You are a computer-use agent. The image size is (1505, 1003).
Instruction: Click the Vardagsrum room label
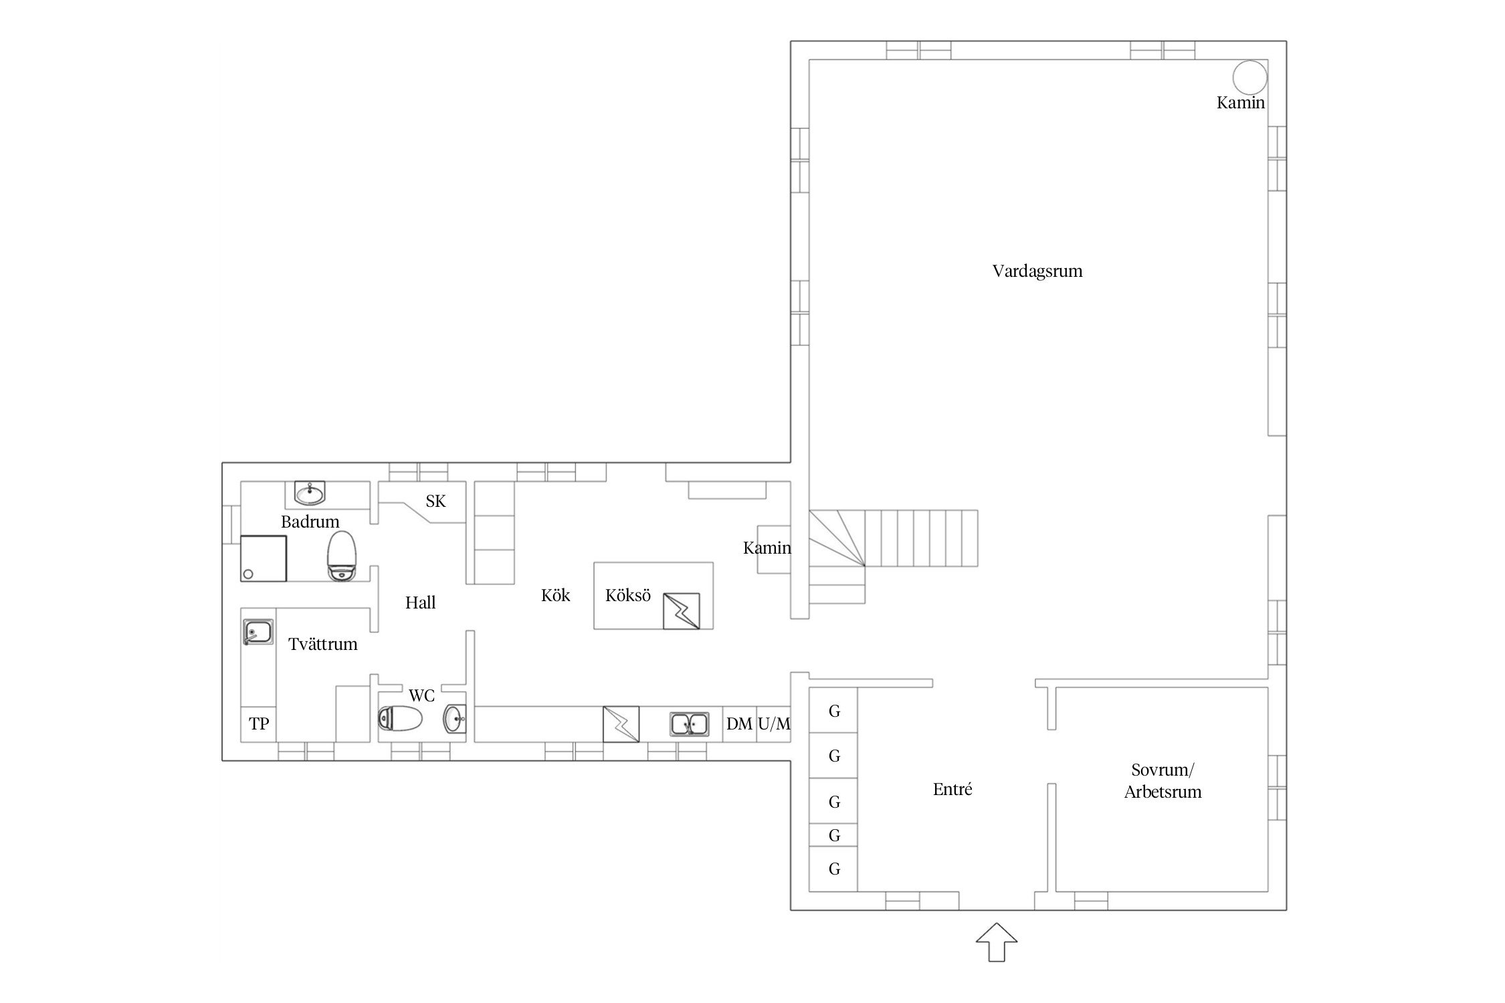pyautogui.click(x=1037, y=271)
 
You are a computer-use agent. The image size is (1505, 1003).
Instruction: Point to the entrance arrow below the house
pyautogui.click(x=997, y=942)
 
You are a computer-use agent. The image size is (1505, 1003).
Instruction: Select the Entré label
pyautogui.click(x=952, y=789)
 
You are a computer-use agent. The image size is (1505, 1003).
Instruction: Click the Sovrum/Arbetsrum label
pyautogui.click(x=1163, y=781)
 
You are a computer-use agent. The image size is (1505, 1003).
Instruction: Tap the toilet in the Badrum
pyautogui.click(x=342, y=556)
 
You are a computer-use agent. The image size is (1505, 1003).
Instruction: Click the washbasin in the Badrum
pyautogui.click(x=310, y=493)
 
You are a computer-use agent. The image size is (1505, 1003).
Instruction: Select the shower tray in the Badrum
pyautogui.click(x=264, y=558)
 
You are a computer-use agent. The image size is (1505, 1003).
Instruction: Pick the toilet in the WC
pyautogui.click(x=400, y=719)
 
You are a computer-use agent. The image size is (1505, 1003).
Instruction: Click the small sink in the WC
pyautogui.click(x=455, y=719)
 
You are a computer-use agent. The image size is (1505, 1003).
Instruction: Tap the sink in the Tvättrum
pyautogui.click(x=258, y=632)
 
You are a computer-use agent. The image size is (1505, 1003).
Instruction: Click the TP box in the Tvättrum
pyautogui.click(x=259, y=723)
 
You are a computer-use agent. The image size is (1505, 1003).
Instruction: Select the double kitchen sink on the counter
pyautogui.click(x=690, y=724)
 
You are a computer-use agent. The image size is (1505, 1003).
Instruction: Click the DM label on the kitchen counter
pyautogui.click(x=739, y=723)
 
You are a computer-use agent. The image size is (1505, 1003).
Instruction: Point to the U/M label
pyautogui.click(x=774, y=723)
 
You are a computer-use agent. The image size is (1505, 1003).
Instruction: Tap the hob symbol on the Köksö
pyautogui.click(x=682, y=611)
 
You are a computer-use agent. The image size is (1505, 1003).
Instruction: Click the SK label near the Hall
pyautogui.click(x=435, y=501)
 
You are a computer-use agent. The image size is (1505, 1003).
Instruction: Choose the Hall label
pyautogui.click(x=420, y=602)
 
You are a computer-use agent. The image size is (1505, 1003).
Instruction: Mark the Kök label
pyautogui.click(x=555, y=595)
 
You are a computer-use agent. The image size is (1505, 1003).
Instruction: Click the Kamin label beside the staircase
pyautogui.click(x=767, y=548)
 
